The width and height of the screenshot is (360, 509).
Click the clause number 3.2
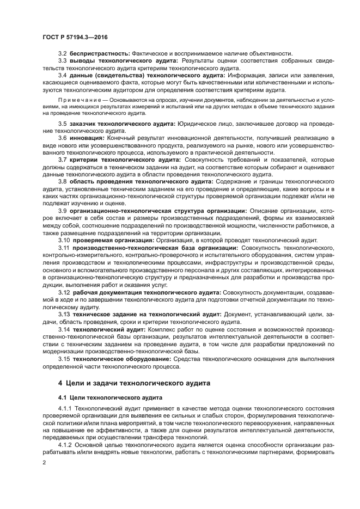63,53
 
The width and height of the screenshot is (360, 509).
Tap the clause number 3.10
64,240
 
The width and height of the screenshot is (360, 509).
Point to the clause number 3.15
64,359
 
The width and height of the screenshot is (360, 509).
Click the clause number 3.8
63,181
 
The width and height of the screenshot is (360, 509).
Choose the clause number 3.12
64,292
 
